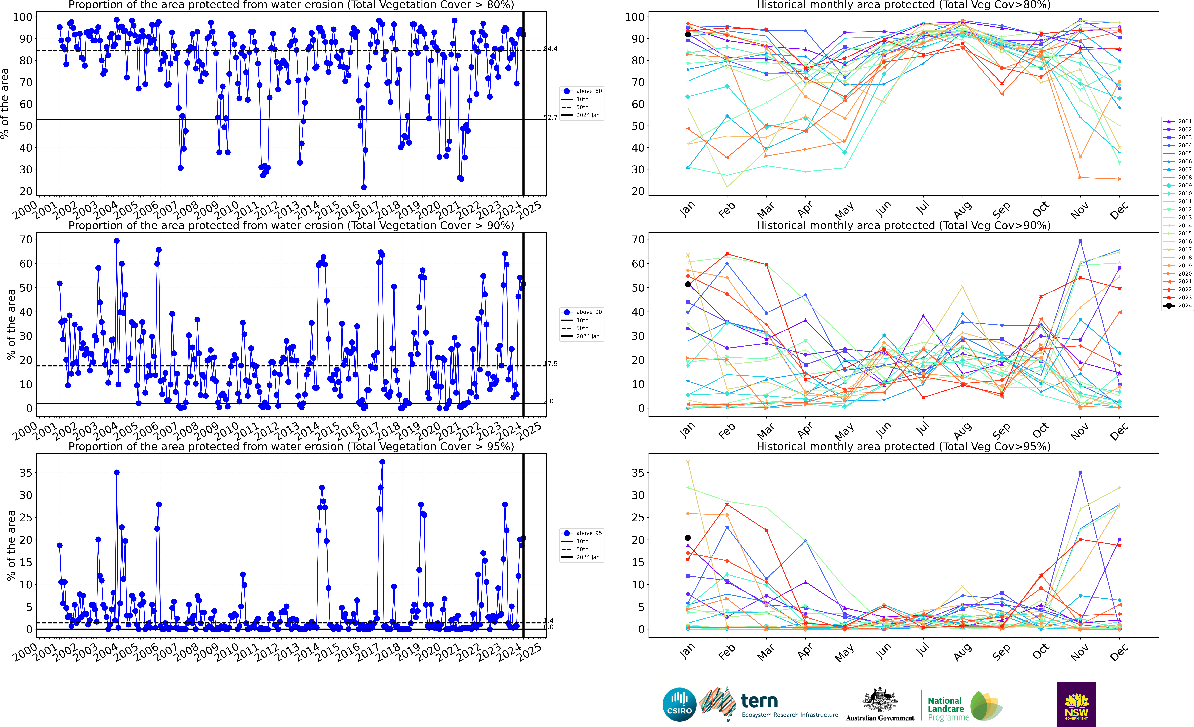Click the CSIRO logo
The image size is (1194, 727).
click(679, 704)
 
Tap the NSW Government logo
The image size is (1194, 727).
click(1076, 704)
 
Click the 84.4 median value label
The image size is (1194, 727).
click(550, 48)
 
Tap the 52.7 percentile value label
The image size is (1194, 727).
click(550, 117)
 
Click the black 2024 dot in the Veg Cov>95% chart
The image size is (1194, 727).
click(688, 538)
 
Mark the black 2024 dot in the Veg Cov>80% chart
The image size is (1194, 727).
click(688, 34)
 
